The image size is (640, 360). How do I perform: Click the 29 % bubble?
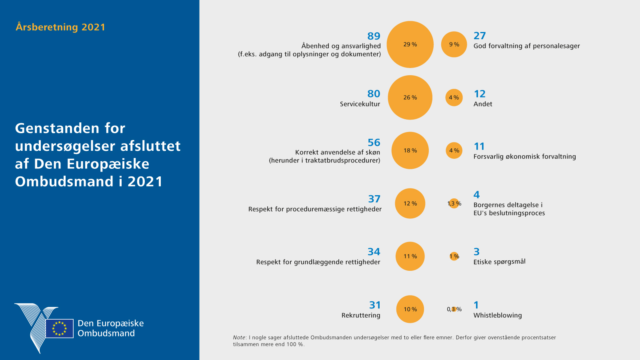point(410,44)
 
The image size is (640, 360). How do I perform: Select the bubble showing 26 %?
point(410,98)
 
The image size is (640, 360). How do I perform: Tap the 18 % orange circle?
point(410,150)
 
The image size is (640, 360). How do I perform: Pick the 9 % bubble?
point(454,44)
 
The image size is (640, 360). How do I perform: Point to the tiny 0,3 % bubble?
point(454,309)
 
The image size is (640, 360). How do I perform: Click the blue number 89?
point(374,36)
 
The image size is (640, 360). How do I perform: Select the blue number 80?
point(374,94)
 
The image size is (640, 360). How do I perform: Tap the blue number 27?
point(480,36)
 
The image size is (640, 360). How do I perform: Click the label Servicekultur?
point(360,104)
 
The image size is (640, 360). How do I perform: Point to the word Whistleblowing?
point(498,315)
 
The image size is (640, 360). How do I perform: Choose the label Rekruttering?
point(361,315)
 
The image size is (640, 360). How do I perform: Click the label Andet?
point(483,104)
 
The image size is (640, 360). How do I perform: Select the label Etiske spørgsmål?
point(499,262)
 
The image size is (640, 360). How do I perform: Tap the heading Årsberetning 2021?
point(60,27)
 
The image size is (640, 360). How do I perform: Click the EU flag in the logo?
point(59,328)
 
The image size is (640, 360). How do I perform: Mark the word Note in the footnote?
point(239,338)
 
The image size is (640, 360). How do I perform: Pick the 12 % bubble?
point(410,204)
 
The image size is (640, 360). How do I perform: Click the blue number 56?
point(374,142)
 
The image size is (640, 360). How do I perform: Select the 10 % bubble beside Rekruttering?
point(410,309)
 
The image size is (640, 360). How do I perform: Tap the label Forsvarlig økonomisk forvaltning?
point(524,156)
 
